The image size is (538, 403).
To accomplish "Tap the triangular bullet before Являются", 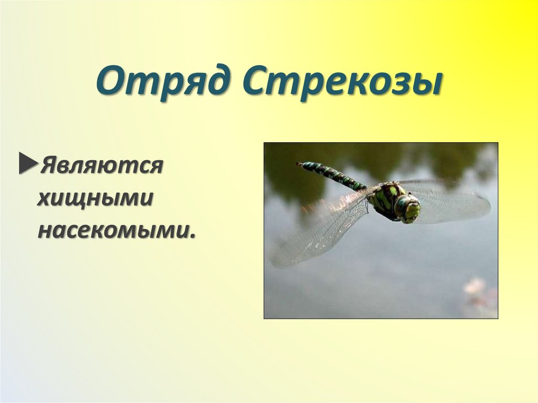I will click(x=27, y=164).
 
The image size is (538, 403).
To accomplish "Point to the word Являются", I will click(x=100, y=167).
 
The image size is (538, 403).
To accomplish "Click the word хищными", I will click(x=95, y=198).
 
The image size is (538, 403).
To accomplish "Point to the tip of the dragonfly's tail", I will click(x=299, y=164).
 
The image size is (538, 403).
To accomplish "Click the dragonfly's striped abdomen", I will click(x=334, y=175).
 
